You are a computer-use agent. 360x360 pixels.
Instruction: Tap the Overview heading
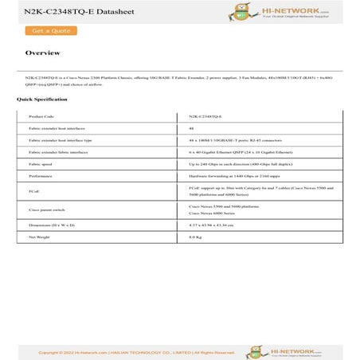tap(42, 53)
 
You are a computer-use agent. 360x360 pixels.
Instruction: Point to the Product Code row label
tap(41, 116)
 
